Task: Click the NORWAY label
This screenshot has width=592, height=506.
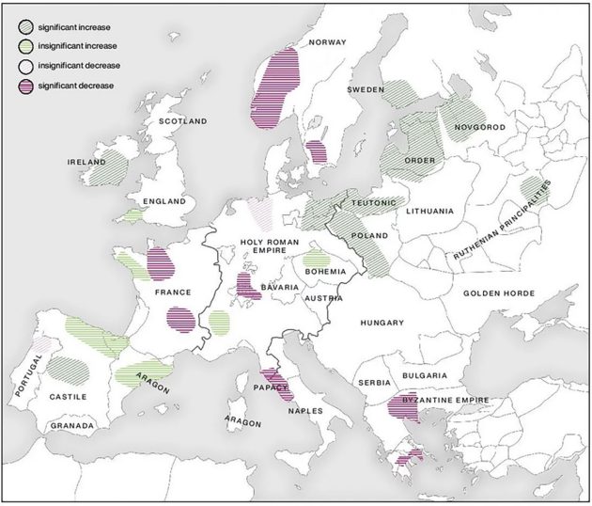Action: point(328,42)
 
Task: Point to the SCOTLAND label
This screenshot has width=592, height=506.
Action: point(182,121)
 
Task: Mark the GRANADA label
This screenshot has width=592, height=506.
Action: point(72,426)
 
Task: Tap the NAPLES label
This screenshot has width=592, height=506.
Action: point(305,411)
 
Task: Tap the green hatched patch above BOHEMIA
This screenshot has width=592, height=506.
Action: point(316,258)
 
